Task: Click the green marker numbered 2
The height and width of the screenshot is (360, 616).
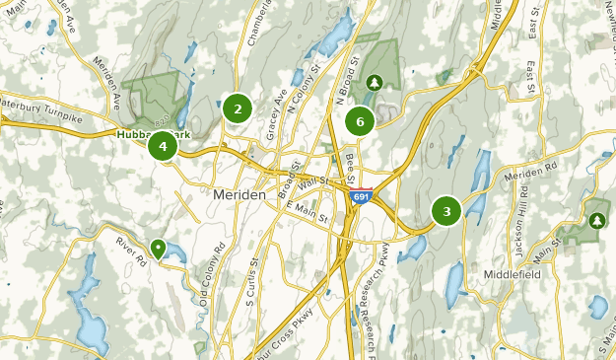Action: tap(237, 108)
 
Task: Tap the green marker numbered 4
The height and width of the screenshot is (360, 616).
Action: tap(163, 147)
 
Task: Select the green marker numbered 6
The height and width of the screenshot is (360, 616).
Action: tap(360, 122)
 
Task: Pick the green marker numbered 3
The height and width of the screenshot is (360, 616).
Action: tap(446, 210)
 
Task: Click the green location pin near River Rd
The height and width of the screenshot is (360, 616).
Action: tap(158, 248)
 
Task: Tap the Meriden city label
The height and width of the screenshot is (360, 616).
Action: tap(239, 195)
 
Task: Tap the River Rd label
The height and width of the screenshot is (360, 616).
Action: tap(131, 249)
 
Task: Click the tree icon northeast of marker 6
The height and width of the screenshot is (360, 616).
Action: tap(374, 82)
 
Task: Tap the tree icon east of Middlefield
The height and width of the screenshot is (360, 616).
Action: tap(596, 222)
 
